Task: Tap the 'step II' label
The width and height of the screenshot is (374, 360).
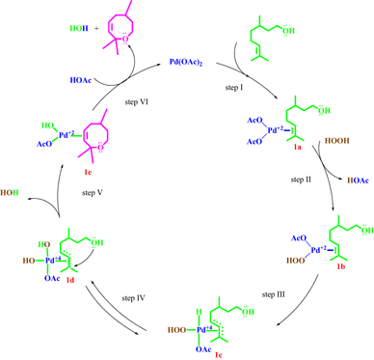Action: pyautogui.click(x=304, y=180)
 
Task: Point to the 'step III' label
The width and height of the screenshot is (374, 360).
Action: pyautogui.click(x=274, y=292)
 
